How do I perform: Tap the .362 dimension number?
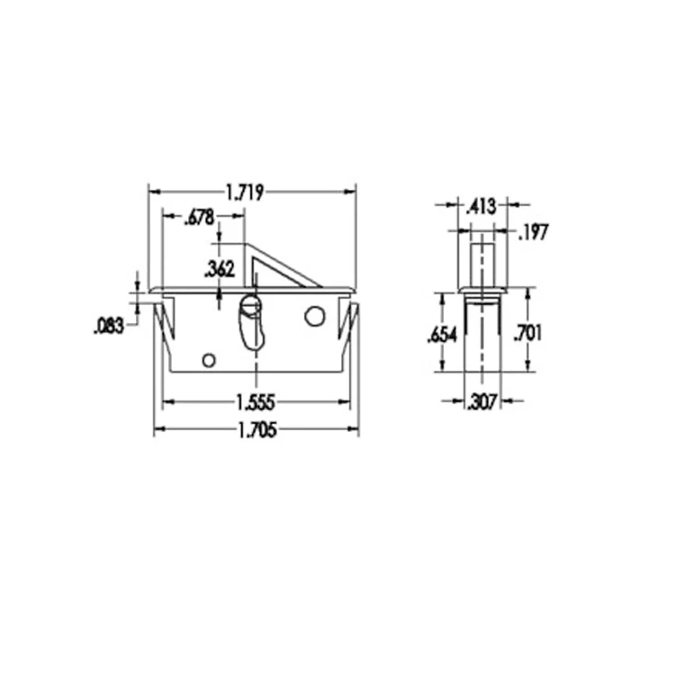pyautogui.click(x=220, y=268)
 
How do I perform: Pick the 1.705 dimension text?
pyautogui.click(x=256, y=430)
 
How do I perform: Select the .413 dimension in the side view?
pyautogui.click(x=481, y=206)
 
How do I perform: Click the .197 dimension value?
pyautogui.click(x=534, y=232)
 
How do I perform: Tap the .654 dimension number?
pyautogui.click(x=442, y=335)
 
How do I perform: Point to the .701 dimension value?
pyautogui.click(x=526, y=333)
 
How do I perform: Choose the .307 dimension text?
pyautogui.click(x=481, y=402)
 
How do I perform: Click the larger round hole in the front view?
pyautogui.click(x=314, y=317)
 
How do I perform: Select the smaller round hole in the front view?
pyautogui.click(x=208, y=360)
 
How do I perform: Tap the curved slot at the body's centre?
pyautogui.click(x=252, y=321)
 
